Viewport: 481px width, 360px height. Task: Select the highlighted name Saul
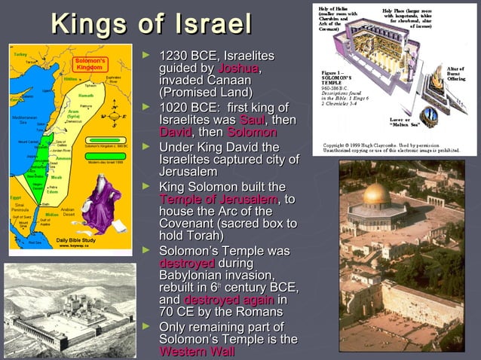252,121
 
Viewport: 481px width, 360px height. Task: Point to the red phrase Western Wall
192,352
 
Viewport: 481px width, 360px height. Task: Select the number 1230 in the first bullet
174,57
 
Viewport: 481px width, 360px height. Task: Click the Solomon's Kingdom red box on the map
88,64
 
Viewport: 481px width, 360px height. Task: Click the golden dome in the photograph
377,194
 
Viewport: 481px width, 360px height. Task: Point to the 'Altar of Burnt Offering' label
456,74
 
